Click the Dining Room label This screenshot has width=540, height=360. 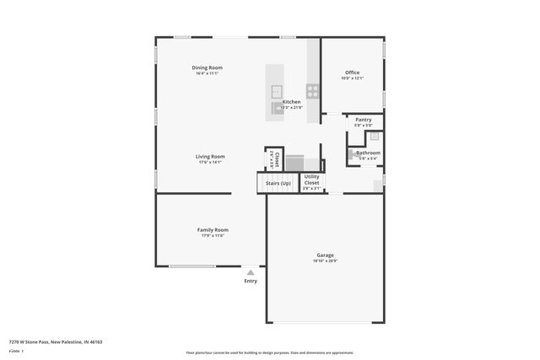(207, 67)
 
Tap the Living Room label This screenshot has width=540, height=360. (210, 156)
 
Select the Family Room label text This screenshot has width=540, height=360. (213, 229)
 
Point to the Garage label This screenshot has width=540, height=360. (325, 255)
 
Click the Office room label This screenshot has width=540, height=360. (352, 73)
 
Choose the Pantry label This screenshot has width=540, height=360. (364, 120)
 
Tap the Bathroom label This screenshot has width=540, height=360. (368, 153)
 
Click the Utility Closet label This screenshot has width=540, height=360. (311, 180)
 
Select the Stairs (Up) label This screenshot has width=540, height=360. (278, 182)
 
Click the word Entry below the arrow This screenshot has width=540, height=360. (251, 281)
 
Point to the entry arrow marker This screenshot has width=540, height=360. (251, 272)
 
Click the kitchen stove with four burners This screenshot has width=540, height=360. (312, 91)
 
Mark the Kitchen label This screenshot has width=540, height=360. (291, 102)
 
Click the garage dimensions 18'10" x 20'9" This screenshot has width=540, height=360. (325, 261)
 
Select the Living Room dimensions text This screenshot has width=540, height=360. (210, 162)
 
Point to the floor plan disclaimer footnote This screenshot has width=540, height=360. (269, 352)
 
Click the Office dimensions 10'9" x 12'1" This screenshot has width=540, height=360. (352, 78)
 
